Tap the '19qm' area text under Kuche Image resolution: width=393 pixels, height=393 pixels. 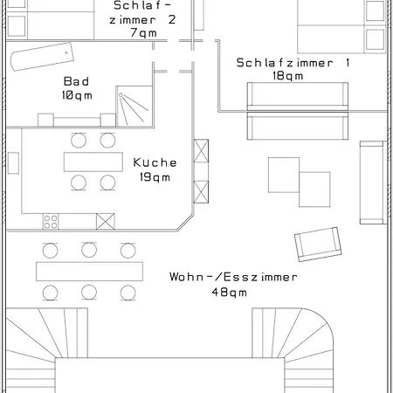point(155,177)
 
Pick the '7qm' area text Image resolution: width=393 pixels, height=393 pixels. point(143,32)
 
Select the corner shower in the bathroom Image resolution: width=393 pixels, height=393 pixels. point(135,106)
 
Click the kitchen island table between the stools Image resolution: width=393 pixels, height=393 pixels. point(93,162)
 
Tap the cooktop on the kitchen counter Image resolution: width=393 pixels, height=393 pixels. point(51,221)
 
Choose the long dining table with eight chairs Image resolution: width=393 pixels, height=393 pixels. point(89,271)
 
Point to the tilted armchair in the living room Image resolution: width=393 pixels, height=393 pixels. point(318,243)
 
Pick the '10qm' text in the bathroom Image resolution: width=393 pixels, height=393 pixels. point(77,94)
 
